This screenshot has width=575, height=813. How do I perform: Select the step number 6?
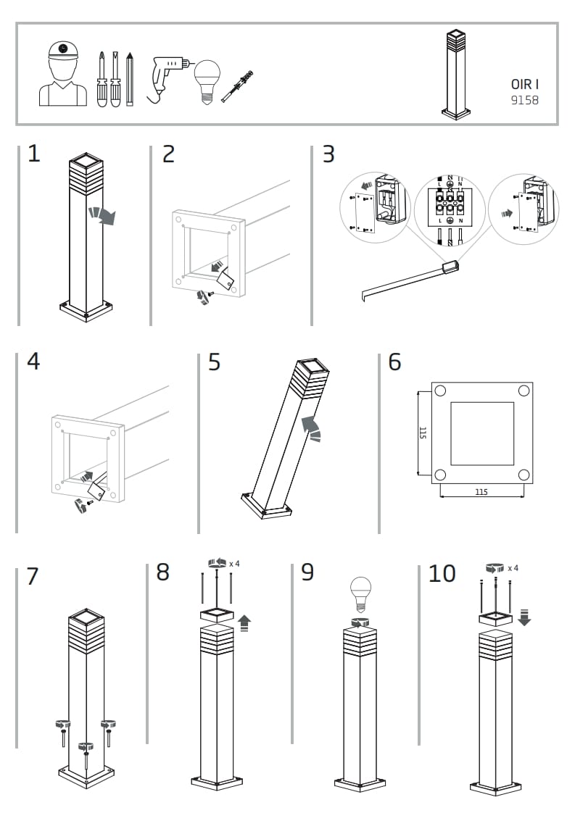pos(394,362)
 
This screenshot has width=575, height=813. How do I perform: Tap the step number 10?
pos(442,574)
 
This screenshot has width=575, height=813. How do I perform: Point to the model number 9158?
pos(524,101)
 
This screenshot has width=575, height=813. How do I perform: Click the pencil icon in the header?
pos(130,79)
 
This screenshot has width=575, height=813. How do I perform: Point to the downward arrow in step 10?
pos(526,617)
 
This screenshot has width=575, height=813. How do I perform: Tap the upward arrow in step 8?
pos(244,622)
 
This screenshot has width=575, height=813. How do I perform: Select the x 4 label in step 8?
pos(234,563)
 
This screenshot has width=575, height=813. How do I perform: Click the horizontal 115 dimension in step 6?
pos(481,492)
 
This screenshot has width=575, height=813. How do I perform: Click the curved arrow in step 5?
pos(313,428)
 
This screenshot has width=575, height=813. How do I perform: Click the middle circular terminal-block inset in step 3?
pos(449,208)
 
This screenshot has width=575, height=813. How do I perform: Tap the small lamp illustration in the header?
pos(455,74)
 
